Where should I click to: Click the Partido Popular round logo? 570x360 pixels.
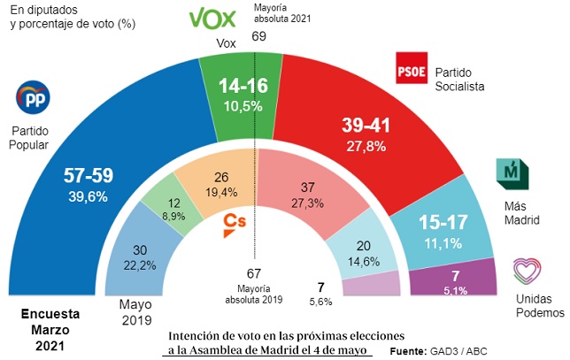click(x=34, y=99)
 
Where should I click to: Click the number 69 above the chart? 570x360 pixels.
click(x=258, y=36)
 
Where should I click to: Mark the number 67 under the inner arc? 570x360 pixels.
click(x=255, y=273)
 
